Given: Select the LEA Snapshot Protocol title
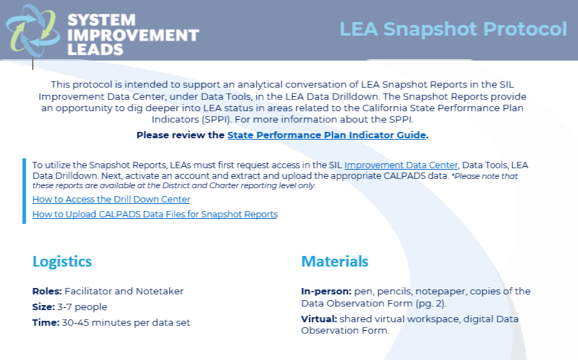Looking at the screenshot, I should pyautogui.click(x=453, y=29).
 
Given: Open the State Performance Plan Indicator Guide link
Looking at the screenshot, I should pyautogui.click(x=326, y=135).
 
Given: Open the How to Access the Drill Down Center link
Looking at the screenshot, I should pyautogui.click(x=111, y=200).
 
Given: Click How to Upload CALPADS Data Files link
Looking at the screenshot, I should pyautogui.click(x=155, y=214).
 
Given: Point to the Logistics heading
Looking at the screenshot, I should pyautogui.click(x=62, y=262).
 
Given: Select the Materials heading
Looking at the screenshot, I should pyautogui.click(x=334, y=262).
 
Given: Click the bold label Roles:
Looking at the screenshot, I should pyautogui.click(x=47, y=292).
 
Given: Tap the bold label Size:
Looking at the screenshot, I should pyautogui.click(x=43, y=307).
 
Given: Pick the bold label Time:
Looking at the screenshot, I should pyautogui.click(x=45, y=323).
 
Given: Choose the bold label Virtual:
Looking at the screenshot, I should pyautogui.click(x=319, y=319).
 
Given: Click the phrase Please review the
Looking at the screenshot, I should pyautogui.click(x=180, y=135).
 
